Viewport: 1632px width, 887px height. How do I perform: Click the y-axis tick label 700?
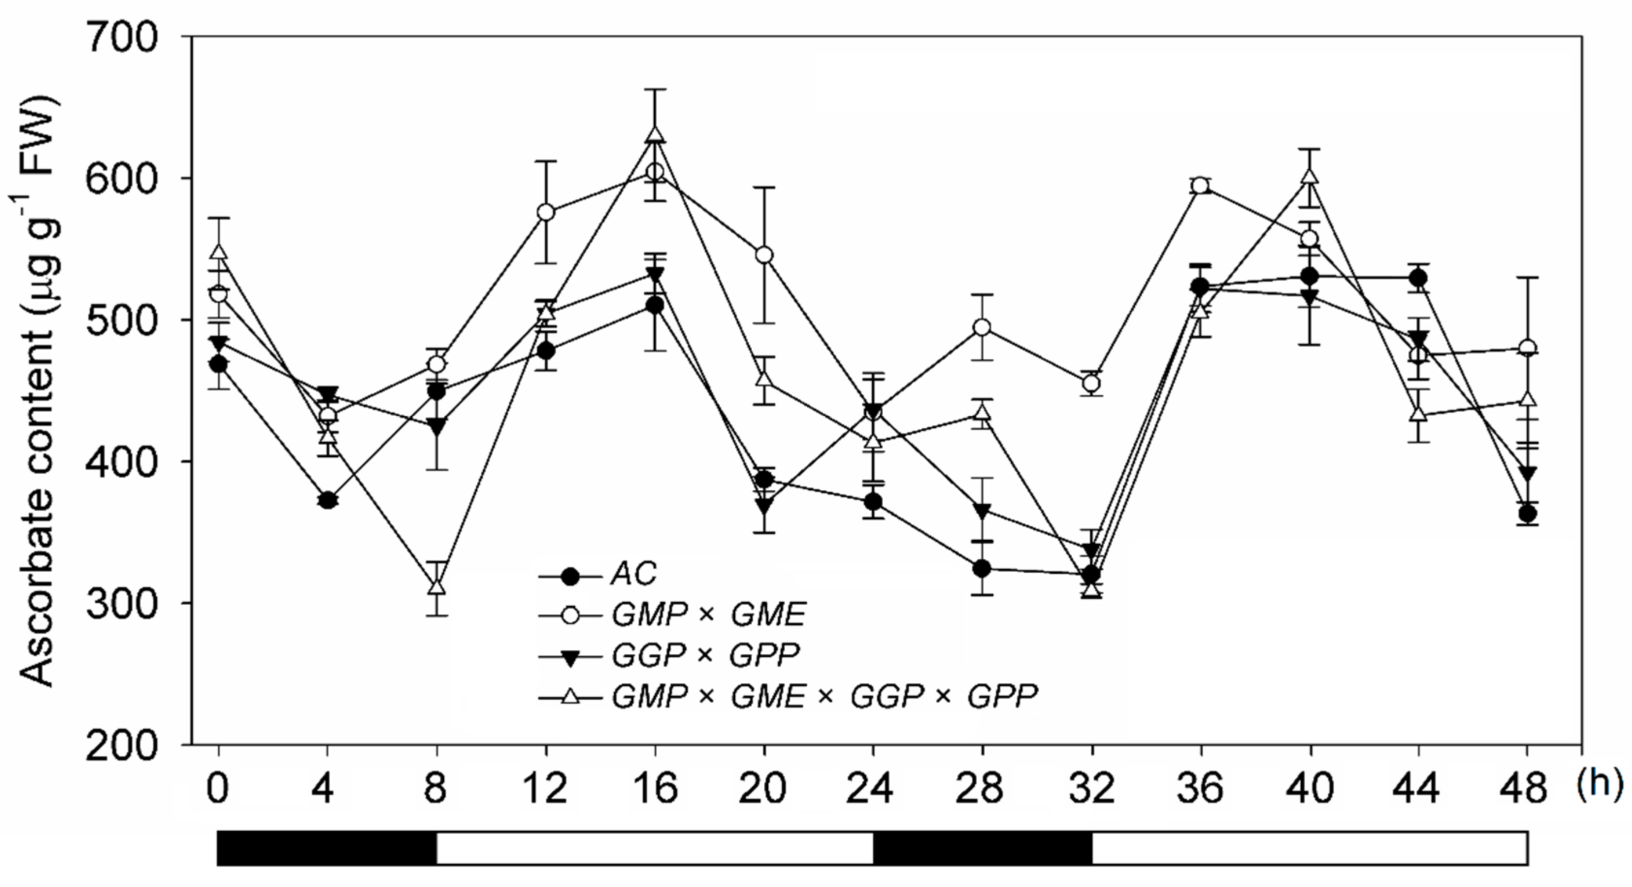[122, 38]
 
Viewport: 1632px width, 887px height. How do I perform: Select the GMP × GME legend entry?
[708, 614]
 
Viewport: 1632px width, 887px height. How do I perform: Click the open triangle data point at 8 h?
[436, 587]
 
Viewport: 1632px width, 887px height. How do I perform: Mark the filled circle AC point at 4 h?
[327, 500]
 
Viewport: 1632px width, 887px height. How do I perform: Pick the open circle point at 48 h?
[1527, 348]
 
